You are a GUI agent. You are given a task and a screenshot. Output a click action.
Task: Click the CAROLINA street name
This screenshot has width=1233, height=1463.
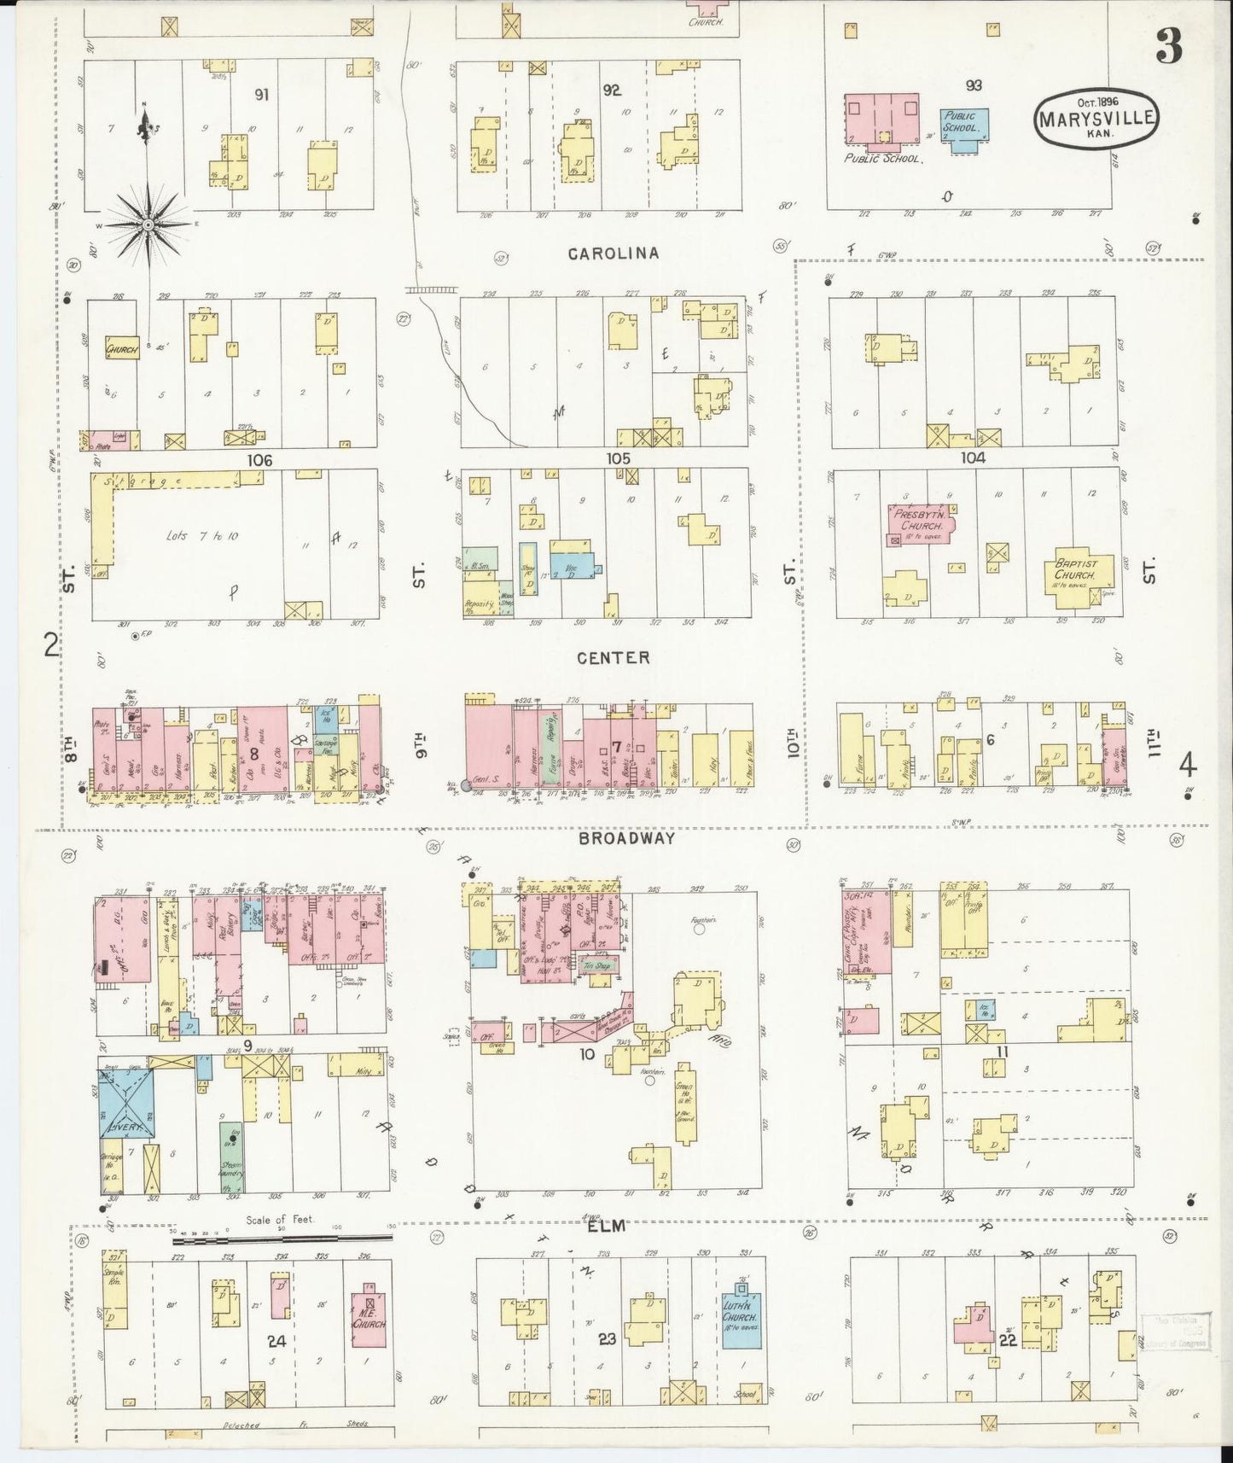(614, 254)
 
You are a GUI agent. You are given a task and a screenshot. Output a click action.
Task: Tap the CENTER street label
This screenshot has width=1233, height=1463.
(613, 657)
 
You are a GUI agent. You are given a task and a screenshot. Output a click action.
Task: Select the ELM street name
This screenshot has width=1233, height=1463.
(607, 1227)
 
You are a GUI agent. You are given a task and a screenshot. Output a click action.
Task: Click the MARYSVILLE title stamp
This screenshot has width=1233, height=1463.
(1097, 119)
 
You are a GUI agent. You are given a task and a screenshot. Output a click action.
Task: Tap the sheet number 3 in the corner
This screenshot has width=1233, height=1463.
(1169, 49)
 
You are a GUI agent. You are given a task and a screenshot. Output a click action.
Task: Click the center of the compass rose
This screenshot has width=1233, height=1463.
(148, 224)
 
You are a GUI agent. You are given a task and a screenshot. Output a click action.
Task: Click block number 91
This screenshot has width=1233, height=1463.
(261, 95)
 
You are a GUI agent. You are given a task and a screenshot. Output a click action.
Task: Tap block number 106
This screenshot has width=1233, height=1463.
(259, 460)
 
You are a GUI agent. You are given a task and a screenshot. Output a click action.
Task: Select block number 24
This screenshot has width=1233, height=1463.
(276, 1340)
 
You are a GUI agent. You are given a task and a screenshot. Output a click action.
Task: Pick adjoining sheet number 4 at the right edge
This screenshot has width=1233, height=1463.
(1187, 765)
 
